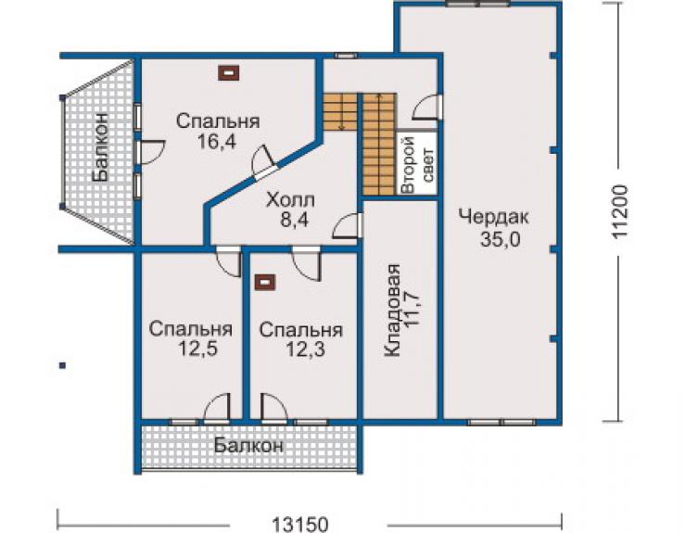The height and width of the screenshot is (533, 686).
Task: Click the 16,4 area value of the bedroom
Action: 217,141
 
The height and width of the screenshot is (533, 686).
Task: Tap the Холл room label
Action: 290,201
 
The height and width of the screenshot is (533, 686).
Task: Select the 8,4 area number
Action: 295,220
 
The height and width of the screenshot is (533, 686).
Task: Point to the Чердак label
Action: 494,217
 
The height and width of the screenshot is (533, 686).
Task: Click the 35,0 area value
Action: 500,238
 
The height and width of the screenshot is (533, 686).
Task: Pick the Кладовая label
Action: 392,311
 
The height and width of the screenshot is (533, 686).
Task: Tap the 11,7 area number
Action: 413,311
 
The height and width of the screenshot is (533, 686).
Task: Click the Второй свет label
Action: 418,165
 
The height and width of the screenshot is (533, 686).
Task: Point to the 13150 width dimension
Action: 299,524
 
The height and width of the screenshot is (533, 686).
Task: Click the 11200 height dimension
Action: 620,211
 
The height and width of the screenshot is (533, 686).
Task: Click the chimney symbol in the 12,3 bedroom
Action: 265,282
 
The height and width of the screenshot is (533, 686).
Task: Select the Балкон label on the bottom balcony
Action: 249,446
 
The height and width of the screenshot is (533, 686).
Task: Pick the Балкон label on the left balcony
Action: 100,146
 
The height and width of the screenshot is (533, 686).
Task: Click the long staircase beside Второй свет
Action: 379,144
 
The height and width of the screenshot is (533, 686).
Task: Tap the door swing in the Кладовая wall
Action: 347,226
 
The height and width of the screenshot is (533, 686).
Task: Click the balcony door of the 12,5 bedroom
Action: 217,408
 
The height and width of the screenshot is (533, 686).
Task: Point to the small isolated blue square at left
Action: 63,365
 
